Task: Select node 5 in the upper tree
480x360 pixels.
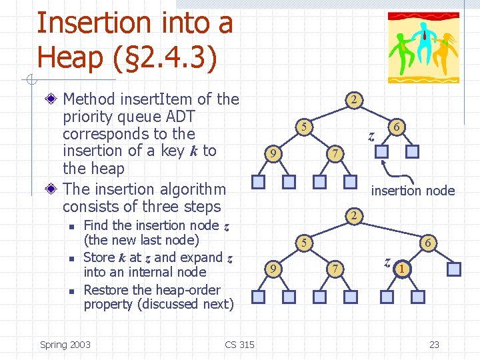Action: tap(303, 127)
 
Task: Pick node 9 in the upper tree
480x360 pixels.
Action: tap(272, 153)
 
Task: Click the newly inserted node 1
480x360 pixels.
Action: tap(402, 269)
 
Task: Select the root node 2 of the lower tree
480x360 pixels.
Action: tap(355, 215)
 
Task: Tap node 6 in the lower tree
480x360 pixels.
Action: tap(428, 243)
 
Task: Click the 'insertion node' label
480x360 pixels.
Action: tap(413, 191)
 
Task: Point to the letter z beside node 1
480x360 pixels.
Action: tap(387, 261)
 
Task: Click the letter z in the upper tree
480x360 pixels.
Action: tap(372, 137)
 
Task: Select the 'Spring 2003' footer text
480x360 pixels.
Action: tap(65, 344)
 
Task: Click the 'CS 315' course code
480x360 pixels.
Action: tap(239, 344)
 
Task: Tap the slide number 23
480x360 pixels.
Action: tap(434, 344)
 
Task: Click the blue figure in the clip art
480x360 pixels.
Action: tap(422, 38)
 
